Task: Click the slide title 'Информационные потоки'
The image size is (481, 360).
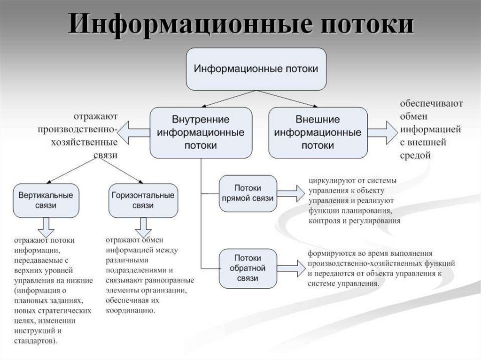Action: [x=240, y=25]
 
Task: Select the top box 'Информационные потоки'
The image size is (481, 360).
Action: [x=256, y=69]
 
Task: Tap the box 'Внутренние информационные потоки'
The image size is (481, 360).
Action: [x=200, y=132]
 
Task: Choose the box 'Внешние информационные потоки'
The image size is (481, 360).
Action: [x=318, y=132]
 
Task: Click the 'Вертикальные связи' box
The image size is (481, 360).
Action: [x=45, y=200]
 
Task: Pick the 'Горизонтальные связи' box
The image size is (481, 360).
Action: [x=143, y=200]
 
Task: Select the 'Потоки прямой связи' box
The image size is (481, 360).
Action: [x=247, y=193]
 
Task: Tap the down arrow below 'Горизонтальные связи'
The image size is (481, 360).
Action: [x=143, y=228]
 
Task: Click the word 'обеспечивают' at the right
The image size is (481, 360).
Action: [x=431, y=103]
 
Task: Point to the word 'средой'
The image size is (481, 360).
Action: [x=415, y=155]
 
